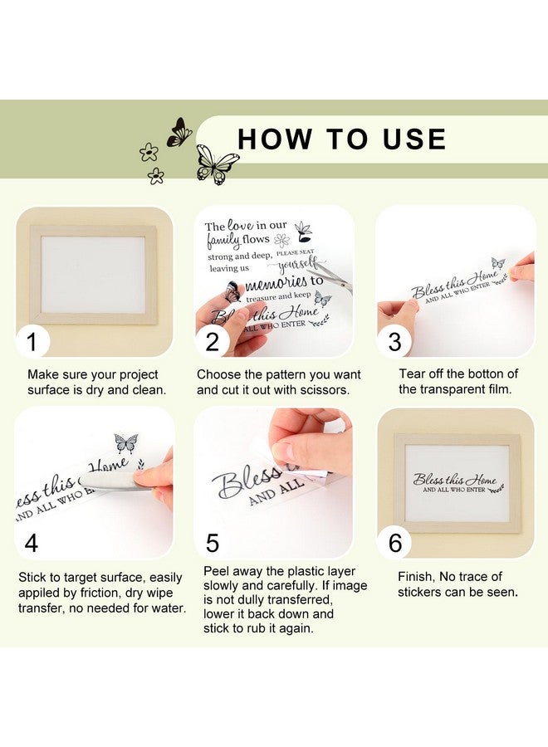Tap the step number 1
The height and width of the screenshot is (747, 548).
pos(32,342)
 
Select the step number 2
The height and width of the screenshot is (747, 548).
pos(212,342)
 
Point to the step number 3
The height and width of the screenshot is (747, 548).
pos(394,342)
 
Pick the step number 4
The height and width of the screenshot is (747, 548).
pos(32,543)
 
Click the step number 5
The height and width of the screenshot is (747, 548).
pos(213,543)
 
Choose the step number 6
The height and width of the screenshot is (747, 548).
pos(395,543)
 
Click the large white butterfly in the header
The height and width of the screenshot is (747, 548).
pos(216,164)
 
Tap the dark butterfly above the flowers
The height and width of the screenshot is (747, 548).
pos(179,132)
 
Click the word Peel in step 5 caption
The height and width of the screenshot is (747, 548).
pos(217,571)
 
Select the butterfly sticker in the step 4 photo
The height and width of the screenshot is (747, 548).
pos(126,442)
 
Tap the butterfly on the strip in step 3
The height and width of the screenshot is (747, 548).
pos(498,262)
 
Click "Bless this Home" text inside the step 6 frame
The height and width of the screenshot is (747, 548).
pos(455,479)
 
